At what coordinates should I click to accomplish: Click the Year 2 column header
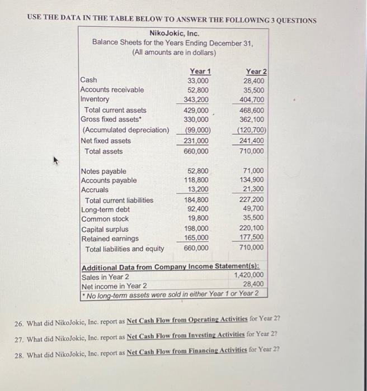click(256, 71)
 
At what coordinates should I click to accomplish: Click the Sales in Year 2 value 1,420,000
click(249, 275)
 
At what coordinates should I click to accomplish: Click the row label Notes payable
click(103, 171)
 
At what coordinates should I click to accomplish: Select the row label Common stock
click(105, 219)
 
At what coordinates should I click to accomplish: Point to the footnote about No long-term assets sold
click(172, 294)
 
